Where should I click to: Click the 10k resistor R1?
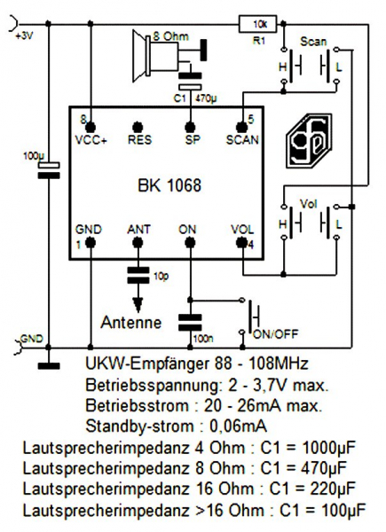point(257,24)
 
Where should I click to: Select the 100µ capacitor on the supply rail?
point(49,170)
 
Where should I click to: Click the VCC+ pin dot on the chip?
point(91,127)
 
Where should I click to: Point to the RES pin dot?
point(138,127)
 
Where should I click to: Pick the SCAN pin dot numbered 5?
point(241,127)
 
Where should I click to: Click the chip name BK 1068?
point(169,185)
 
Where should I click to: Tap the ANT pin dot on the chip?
point(138,242)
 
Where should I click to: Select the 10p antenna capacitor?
point(138,275)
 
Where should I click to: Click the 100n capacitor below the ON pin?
point(190,323)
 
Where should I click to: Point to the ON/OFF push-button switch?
point(250,317)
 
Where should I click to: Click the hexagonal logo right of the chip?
point(308,140)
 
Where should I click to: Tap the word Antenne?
point(131,322)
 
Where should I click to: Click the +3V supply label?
point(24,36)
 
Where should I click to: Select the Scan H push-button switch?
point(291,66)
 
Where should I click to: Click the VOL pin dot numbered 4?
point(241,243)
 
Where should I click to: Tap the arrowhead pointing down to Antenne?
point(138,305)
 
